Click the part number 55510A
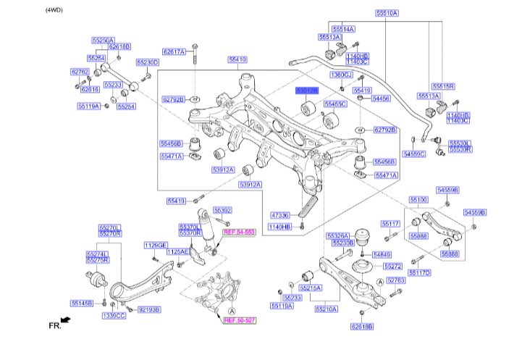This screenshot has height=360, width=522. tap(386, 13)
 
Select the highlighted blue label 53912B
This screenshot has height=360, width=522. tap(307, 91)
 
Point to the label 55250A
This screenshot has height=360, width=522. tap(103, 41)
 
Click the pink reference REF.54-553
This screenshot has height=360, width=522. tap(240, 232)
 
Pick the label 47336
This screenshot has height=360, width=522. tap(280, 214)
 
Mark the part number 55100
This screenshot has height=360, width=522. tap(419, 198)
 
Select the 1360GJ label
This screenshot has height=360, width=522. tap(341, 75)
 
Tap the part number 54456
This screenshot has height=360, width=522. tap(381, 99)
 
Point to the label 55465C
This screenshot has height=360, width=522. tap(335, 104)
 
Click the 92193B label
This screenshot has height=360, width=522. tap(148, 309)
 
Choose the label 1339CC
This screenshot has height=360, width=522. tap(114, 316)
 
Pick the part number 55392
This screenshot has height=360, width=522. tap(222, 210)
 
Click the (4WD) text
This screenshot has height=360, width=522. tap(55, 10)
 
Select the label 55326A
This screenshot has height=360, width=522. tap(338, 235)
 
